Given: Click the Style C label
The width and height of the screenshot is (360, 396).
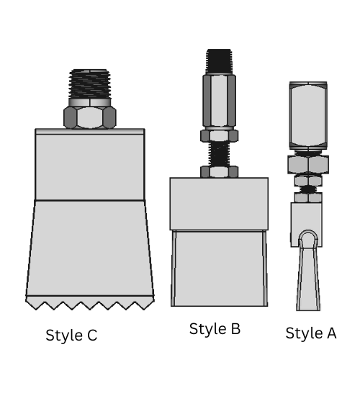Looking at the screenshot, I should pos(71,336).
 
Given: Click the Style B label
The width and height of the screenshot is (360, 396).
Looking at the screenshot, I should pos(215,329).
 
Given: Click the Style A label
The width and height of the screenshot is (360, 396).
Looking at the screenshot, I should pos(310,333).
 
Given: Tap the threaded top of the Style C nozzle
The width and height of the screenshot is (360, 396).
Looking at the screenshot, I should pos(90,85).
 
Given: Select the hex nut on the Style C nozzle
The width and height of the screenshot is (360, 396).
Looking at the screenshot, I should pos(90,117).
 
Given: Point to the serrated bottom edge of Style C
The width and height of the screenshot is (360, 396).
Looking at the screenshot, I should pos(90,303).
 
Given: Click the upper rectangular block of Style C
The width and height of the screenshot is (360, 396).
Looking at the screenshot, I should pos(90,166).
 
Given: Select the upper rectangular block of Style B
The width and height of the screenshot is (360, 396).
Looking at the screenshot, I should pos(219,204).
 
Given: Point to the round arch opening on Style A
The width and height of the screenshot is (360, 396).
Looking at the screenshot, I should pos(308,240).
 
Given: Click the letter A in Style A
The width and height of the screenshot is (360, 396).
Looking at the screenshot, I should pos(330,333).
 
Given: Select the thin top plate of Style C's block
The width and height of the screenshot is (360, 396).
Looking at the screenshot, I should pos(90,132).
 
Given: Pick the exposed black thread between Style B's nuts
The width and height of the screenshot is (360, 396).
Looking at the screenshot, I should pos(219,153).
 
